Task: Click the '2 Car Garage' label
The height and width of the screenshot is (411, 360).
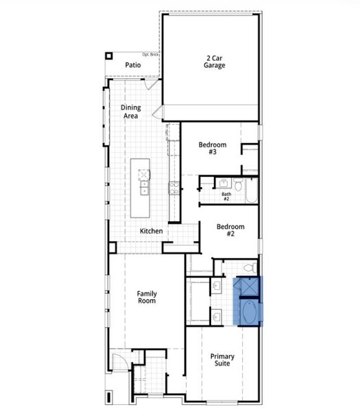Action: [214, 62]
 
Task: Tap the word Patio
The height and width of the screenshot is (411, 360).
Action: [133, 65]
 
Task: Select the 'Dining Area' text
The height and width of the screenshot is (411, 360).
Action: [131, 112]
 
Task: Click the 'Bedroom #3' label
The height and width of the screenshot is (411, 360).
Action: [208, 148]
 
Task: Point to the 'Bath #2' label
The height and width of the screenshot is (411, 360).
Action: [226, 197]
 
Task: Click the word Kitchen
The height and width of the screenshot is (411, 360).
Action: [152, 231]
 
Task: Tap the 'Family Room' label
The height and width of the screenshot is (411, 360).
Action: [146, 297]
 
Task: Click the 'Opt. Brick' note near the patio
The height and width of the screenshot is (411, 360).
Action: [151, 55]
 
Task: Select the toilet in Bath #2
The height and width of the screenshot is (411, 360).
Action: [238, 184]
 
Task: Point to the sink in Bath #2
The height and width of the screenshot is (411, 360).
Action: [224, 182]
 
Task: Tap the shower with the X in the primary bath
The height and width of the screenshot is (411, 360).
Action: [247, 286]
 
